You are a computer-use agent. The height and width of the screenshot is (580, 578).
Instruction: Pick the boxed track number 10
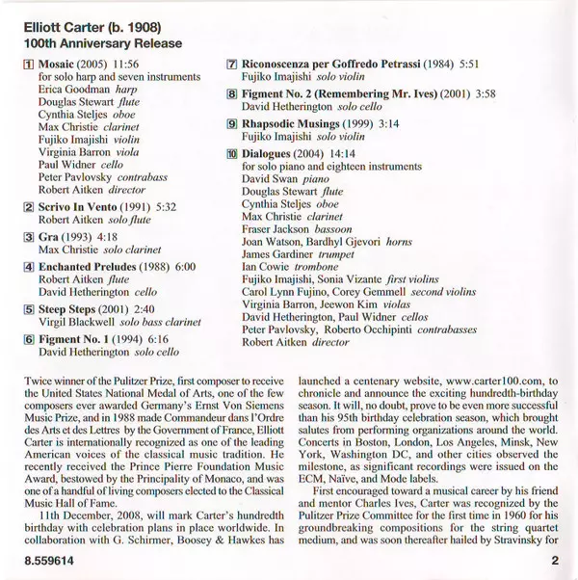232,153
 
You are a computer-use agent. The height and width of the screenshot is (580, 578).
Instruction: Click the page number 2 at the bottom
556,558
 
